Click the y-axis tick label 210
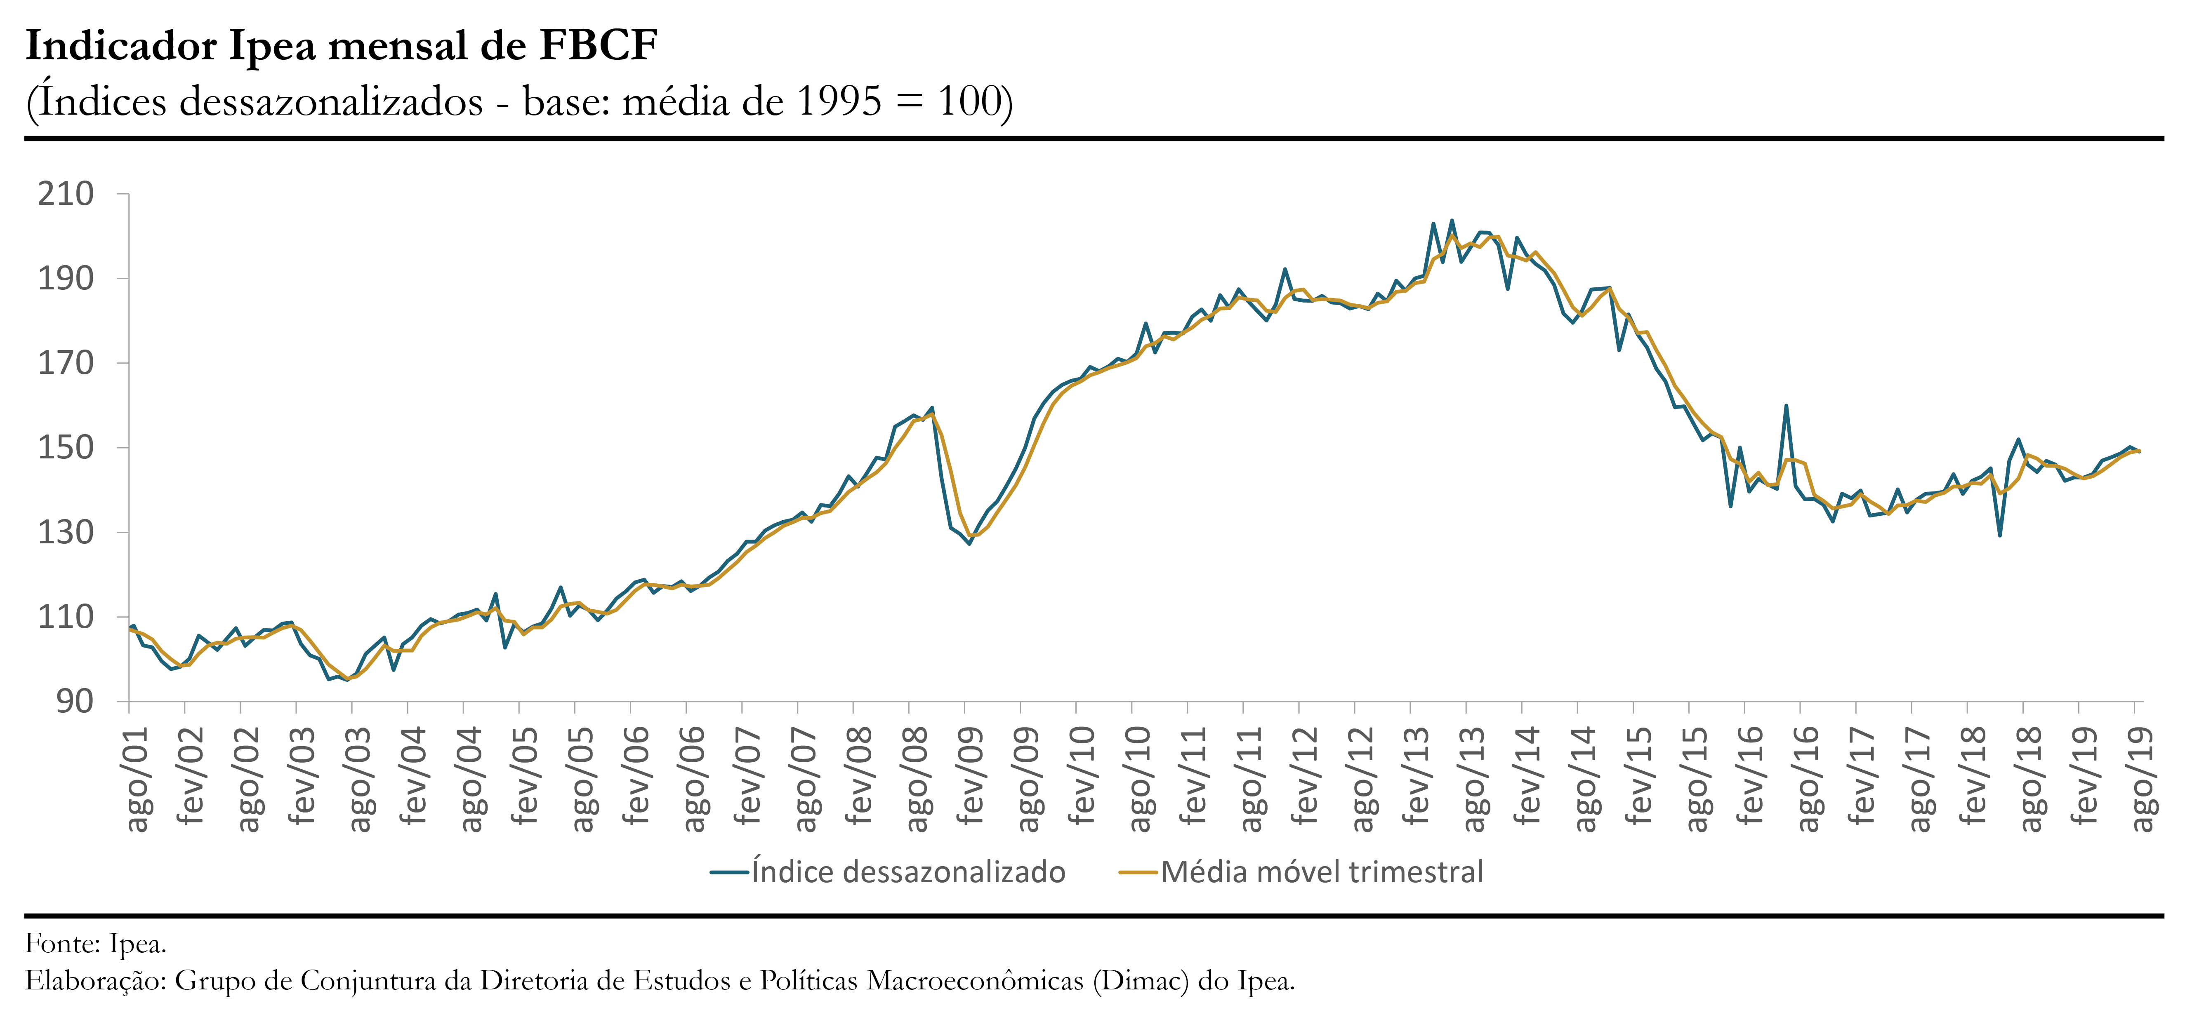pyautogui.click(x=65, y=194)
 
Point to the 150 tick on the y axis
pyautogui.click(x=65, y=448)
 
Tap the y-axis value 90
pyautogui.click(x=75, y=701)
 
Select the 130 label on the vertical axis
pyautogui.click(x=65, y=533)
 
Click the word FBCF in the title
pyautogui.click(x=598, y=46)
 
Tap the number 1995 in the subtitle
pyautogui.click(x=840, y=102)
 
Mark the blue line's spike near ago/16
pyautogui.click(x=1787, y=406)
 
